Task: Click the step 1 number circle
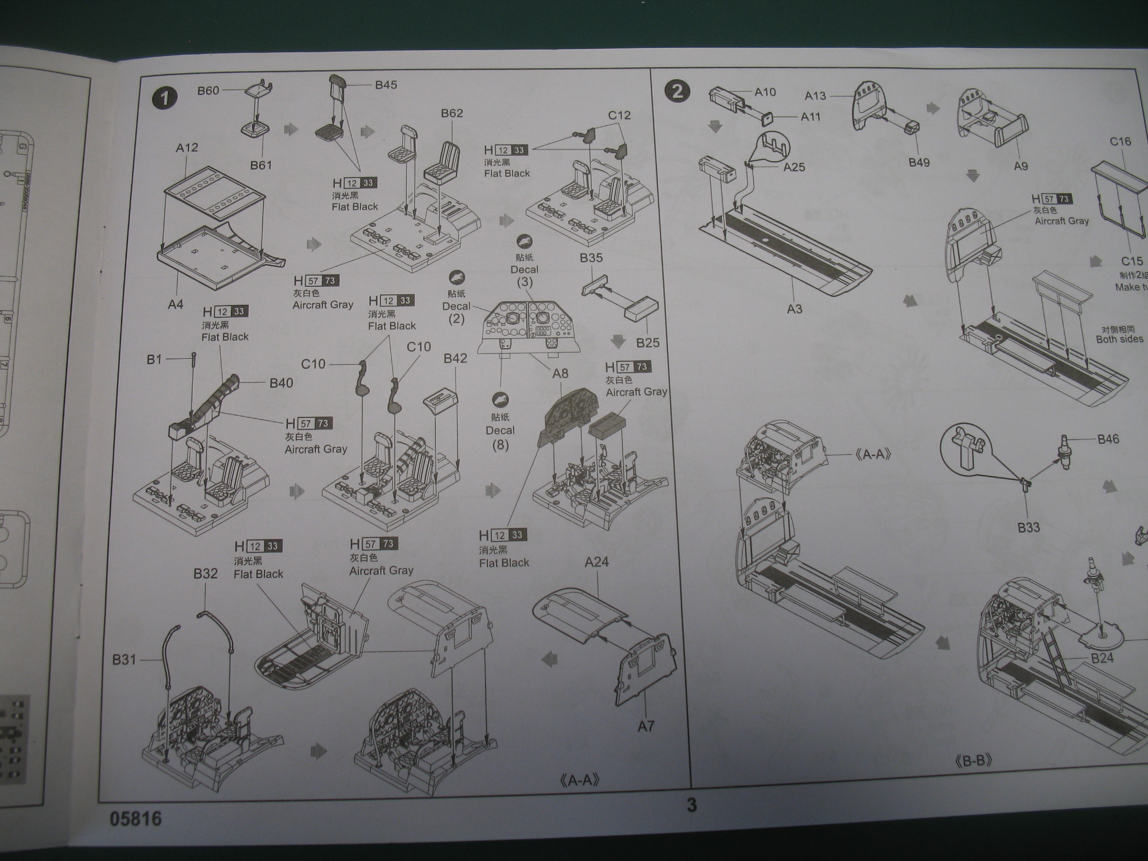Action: click(164, 99)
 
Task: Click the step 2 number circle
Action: click(677, 91)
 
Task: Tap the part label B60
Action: click(208, 91)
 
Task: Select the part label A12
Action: click(187, 147)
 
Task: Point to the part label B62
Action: click(452, 113)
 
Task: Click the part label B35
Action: click(591, 258)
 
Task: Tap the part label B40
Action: click(281, 383)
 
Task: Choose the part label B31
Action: click(124, 660)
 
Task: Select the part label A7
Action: click(646, 726)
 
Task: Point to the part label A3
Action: click(794, 309)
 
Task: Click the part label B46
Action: click(1108, 439)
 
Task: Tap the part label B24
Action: click(1102, 658)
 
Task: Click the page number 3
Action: click(692, 806)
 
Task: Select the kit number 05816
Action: click(136, 820)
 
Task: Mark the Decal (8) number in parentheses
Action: click(500, 446)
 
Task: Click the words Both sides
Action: click(1119, 340)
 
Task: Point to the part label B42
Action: click(455, 359)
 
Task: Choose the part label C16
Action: click(1120, 142)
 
